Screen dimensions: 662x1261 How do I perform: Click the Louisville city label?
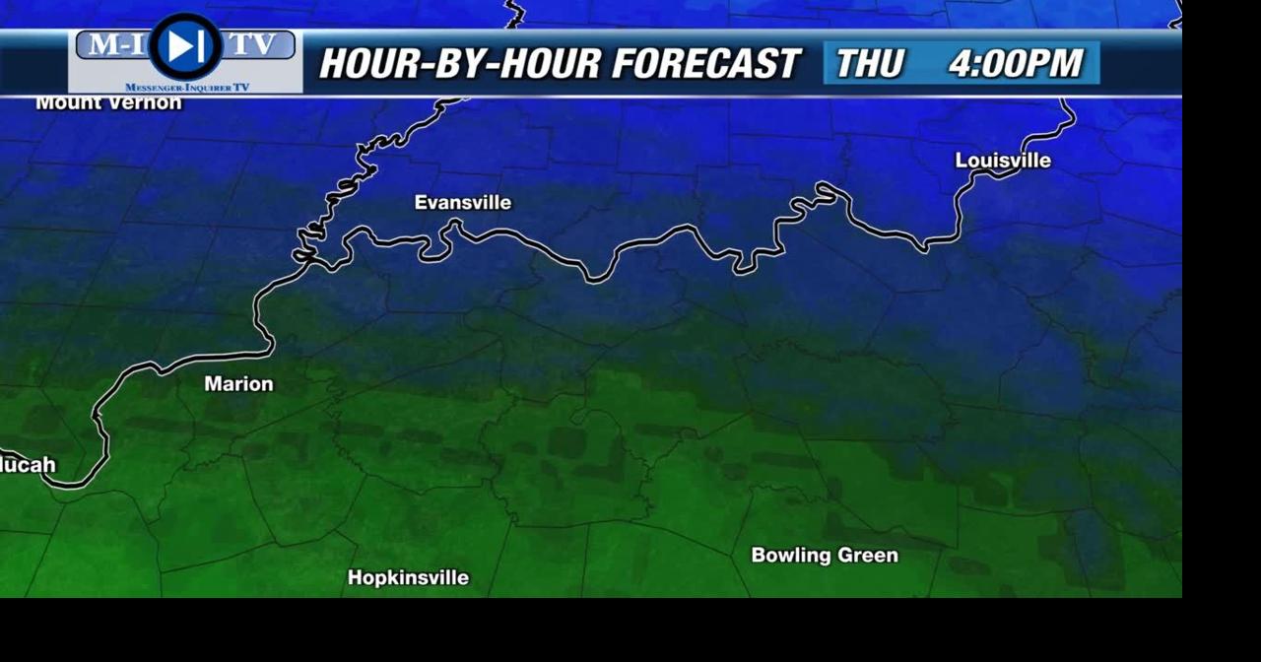1003,161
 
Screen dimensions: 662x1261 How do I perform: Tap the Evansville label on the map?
463,203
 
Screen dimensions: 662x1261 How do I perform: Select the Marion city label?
238,384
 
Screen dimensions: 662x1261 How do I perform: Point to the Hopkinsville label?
408,578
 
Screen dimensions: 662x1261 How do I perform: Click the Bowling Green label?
825,556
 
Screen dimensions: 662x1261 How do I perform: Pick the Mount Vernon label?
108,103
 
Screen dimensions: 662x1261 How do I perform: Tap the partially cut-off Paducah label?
28,465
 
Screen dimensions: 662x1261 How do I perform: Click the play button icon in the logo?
185,46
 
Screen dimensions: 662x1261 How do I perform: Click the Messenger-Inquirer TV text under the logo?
187,88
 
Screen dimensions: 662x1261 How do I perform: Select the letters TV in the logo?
253,45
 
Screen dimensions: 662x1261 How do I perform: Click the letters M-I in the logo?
114,45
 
